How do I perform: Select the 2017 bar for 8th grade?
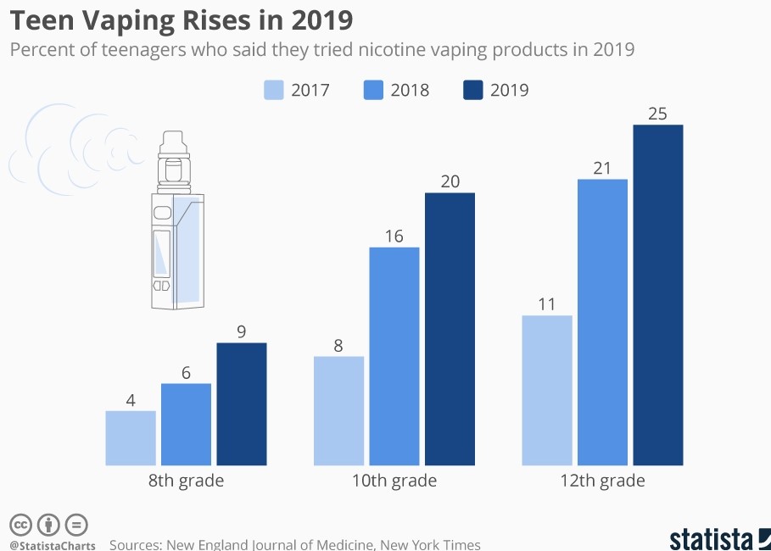131,438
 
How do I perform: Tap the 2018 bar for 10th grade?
394,356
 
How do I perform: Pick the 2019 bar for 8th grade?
242,404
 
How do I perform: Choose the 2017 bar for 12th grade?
547,391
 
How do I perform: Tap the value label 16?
394,236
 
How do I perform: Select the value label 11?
546,303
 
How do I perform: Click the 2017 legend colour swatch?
273,90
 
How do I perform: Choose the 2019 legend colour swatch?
472,90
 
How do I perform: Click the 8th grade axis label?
186,481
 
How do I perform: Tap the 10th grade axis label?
394,481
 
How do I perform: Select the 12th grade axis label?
602,481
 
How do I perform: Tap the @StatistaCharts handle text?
53,545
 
